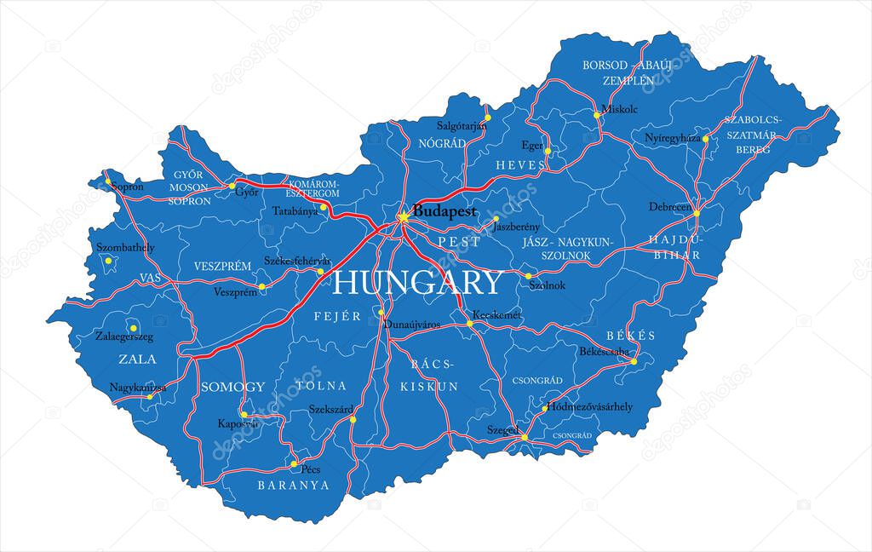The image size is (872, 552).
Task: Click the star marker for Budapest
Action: pyautogui.click(x=403, y=217)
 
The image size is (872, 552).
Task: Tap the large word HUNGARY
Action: pyautogui.click(x=417, y=282)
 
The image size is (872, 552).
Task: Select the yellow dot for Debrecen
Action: pyautogui.click(x=696, y=213)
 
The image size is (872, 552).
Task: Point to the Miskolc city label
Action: pyautogui.click(x=619, y=109)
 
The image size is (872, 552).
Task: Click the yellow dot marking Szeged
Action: pyautogui.click(x=525, y=437)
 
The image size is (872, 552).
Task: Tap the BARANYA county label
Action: pyautogui.click(x=293, y=486)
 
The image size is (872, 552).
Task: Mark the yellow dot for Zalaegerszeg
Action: pyautogui.click(x=133, y=327)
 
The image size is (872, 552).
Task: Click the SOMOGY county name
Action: pyautogui.click(x=232, y=387)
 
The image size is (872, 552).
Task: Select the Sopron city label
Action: pyautogui.click(x=127, y=186)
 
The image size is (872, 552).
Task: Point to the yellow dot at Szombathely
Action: pyautogui.click(x=108, y=261)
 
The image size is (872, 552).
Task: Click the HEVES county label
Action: pyautogui.click(x=520, y=164)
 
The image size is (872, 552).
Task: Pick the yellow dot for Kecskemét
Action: pyautogui.click(x=469, y=324)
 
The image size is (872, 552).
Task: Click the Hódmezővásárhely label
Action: pyautogui.click(x=591, y=407)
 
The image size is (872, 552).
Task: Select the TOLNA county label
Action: pyautogui.click(x=322, y=386)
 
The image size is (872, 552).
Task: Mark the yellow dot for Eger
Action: pyautogui.click(x=548, y=152)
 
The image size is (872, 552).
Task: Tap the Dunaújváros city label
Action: pyautogui.click(x=412, y=325)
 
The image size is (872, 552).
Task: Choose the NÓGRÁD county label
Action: pyautogui.click(x=441, y=143)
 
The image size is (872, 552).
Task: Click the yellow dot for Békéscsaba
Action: pyautogui.click(x=634, y=362)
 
